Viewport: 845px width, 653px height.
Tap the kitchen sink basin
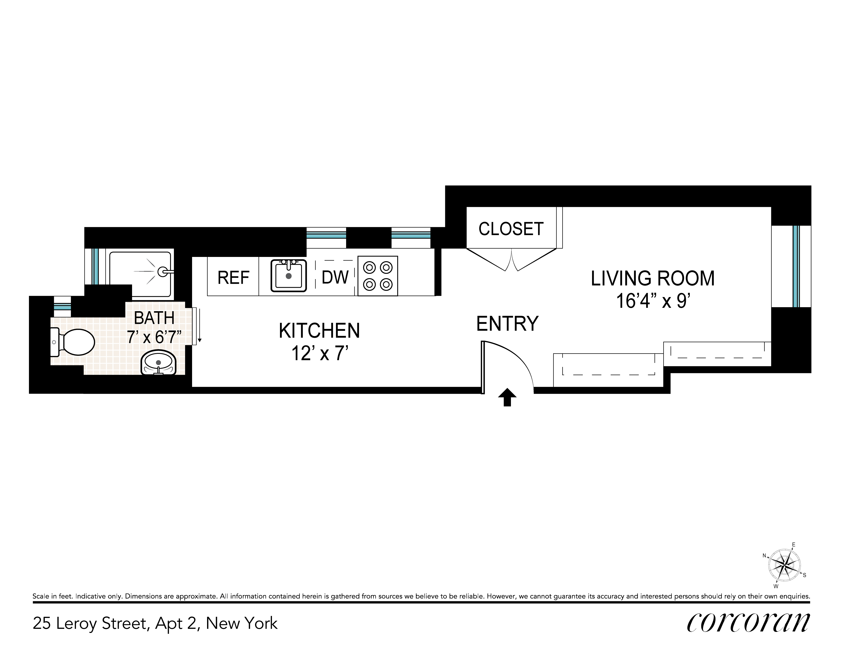[289, 276]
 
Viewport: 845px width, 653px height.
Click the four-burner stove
[378, 276]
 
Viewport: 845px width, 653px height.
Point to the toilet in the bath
[73, 342]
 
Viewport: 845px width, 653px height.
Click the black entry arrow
[507, 398]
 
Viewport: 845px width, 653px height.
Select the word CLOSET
[511, 229]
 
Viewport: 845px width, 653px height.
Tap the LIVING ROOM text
[653, 278]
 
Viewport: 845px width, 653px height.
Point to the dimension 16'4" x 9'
[653, 301]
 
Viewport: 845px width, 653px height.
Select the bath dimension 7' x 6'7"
[154, 337]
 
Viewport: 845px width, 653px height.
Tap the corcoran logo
[748, 623]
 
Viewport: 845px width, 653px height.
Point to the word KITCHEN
[319, 331]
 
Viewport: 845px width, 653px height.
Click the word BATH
[154, 318]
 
